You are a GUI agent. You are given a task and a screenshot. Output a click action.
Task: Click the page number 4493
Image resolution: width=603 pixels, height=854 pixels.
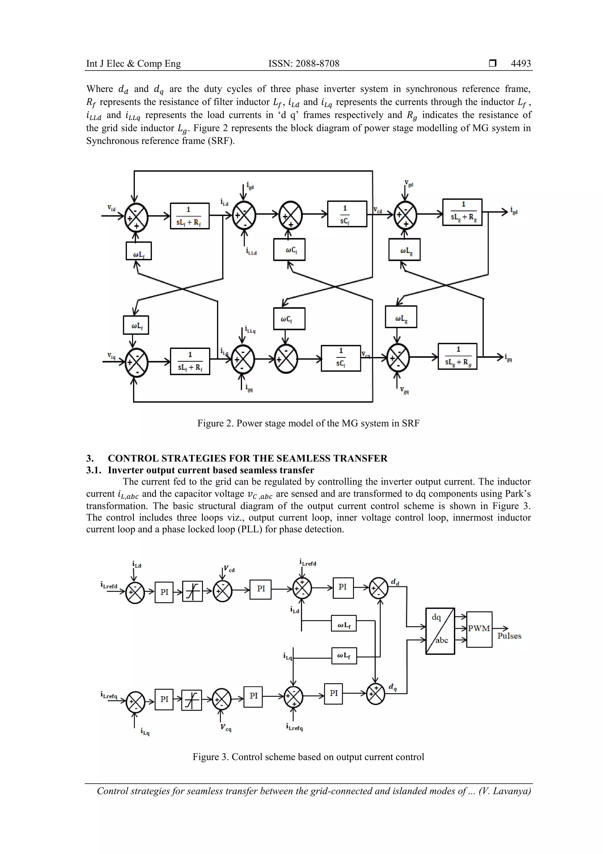(x=521, y=64)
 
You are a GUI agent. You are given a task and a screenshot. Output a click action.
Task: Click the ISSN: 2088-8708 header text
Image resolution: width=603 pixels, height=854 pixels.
(x=304, y=64)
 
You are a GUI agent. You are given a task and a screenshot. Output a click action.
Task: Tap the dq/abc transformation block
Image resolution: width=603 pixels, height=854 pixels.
(x=440, y=631)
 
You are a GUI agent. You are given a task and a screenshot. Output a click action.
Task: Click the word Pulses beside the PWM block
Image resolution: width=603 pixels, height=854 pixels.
(x=509, y=636)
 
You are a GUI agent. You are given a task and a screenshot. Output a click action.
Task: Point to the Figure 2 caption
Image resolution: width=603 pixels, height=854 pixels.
(x=308, y=423)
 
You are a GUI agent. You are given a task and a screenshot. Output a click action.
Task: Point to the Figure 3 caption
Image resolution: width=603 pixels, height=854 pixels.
(x=308, y=757)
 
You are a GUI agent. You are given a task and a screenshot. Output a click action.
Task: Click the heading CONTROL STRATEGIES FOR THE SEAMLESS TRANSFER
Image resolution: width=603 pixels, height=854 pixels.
(x=247, y=458)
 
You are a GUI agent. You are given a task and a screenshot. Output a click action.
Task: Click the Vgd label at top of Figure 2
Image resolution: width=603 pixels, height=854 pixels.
(x=409, y=184)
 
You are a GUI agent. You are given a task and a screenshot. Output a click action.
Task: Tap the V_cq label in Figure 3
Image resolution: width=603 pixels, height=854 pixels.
(x=226, y=728)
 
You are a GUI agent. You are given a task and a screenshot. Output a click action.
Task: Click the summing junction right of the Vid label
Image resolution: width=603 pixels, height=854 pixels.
(x=136, y=216)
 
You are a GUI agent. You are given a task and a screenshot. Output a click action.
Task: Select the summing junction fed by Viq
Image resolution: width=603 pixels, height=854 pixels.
(x=136, y=362)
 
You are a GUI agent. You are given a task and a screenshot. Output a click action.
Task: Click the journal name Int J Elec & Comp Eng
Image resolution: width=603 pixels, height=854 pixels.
(x=133, y=64)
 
